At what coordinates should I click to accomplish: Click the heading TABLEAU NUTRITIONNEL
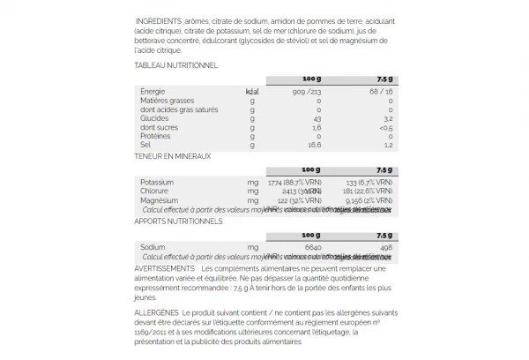pos(175,65)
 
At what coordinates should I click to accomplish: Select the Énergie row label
pos(154,91)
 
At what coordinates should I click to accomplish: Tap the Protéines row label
pos(156,135)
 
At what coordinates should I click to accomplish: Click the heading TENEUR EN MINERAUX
pos(173,156)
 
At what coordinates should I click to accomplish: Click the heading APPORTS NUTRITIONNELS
pos(178,221)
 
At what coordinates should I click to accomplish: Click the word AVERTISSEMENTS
pos(165,267)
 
